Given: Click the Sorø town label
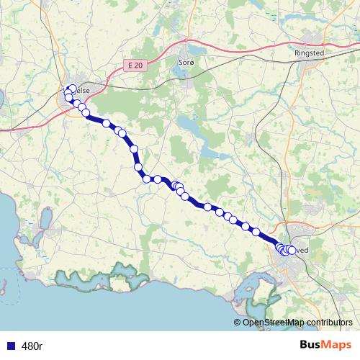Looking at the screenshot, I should (x=186, y=63).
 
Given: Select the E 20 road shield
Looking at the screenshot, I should (x=132, y=66).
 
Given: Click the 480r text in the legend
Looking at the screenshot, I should (x=32, y=346).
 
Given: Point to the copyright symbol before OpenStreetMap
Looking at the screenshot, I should (x=238, y=323).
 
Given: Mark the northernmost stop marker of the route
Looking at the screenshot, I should (x=72, y=89).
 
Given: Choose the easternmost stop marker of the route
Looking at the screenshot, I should (x=292, y=249).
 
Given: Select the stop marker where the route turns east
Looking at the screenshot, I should (x=146, y=179).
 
